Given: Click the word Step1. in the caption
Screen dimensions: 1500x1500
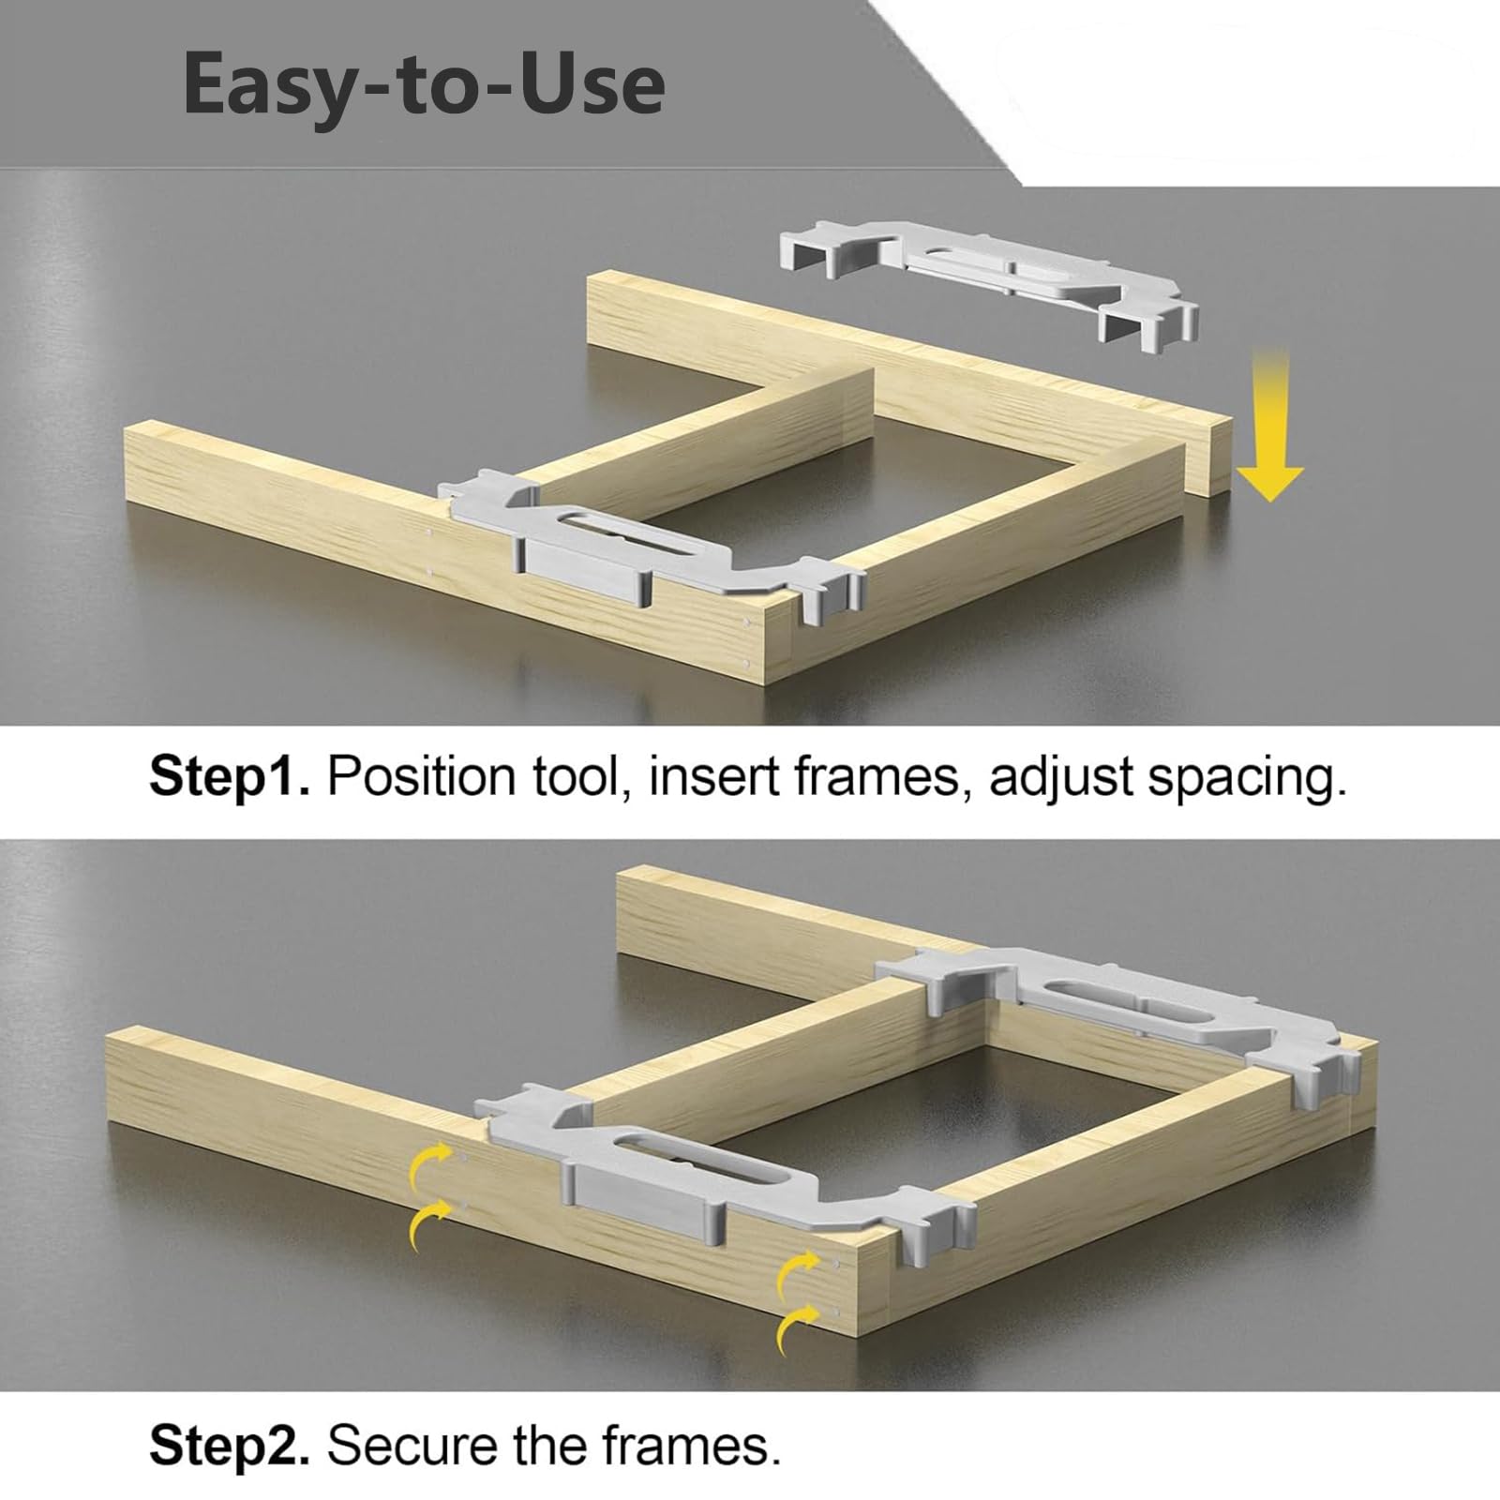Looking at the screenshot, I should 229,776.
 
